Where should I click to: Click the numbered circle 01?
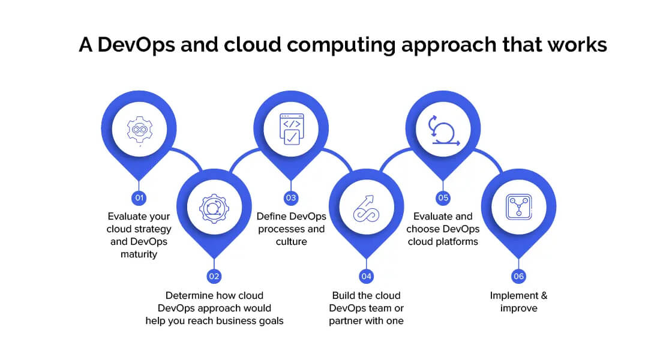point(139,197)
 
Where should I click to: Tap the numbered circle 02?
point(214,276)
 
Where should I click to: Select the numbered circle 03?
point(291,197)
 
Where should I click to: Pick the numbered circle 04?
point(366,276)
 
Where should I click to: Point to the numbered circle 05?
point(443,197)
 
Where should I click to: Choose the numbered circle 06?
point(519,276)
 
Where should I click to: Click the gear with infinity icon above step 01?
point(139,129)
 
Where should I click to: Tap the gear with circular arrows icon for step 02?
point(214,207)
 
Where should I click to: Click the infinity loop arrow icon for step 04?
point(366,207)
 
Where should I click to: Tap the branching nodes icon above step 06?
point(519,207)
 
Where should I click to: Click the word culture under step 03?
point(291,242)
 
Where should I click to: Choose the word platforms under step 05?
point(458,242)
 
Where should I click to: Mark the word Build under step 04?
point(345,295)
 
